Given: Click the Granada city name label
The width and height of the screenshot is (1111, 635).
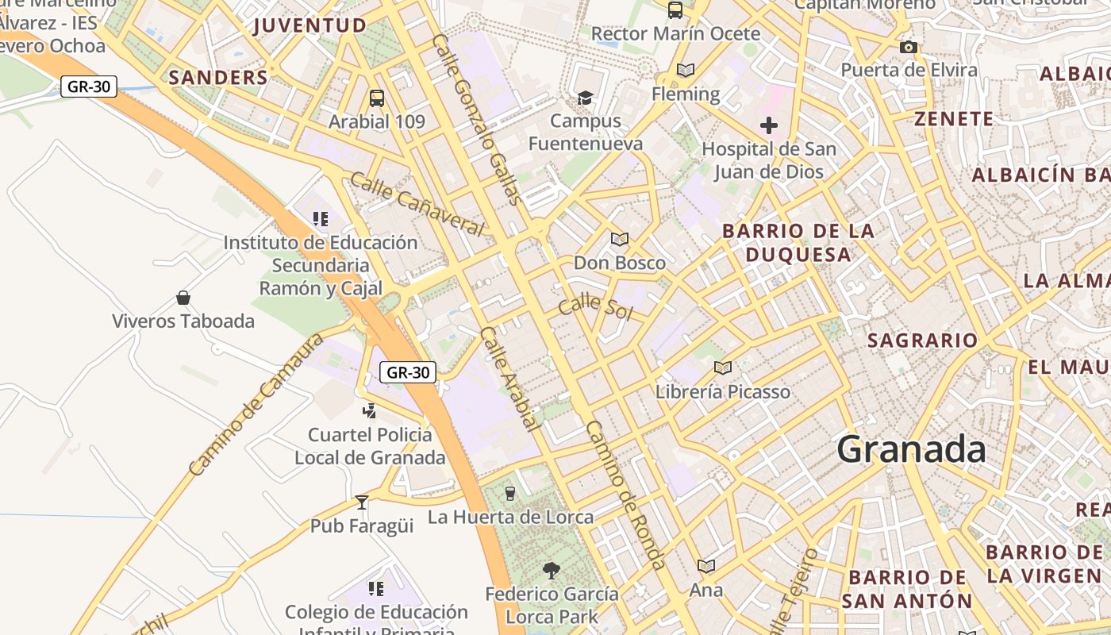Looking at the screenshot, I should pos(911,449).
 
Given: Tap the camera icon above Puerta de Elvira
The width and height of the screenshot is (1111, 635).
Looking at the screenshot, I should pos(909,48).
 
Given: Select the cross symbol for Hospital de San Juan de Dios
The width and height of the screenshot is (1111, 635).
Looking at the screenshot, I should pos(768,125).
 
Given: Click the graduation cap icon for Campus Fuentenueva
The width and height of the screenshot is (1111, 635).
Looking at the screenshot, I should pos(585,98).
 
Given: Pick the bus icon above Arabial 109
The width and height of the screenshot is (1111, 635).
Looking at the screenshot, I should pos(377,98).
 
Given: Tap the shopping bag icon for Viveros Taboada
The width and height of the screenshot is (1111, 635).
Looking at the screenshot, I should pos(183,298).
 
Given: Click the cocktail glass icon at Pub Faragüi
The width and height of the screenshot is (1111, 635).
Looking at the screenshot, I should pos(362,502).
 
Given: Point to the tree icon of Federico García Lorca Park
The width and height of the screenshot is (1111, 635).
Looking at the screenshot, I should pos(551,570).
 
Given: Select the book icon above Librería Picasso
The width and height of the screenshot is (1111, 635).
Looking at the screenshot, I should pos(722,368).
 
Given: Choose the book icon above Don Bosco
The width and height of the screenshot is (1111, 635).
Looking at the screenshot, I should pos(620,239).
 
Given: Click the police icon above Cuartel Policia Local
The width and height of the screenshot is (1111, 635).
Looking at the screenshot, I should pos(369,410).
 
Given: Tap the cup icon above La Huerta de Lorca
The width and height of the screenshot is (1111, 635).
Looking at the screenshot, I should pos(510,494).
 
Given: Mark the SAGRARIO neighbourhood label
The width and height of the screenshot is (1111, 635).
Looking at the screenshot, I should pos(922,341).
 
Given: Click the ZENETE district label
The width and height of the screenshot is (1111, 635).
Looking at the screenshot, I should pos(954,119).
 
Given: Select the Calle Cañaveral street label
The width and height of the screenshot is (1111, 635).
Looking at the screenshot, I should pos(417,204).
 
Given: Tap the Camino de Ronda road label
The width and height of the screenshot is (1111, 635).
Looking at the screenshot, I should pos(626,495).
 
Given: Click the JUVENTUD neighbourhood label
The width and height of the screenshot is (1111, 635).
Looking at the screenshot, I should pos(309,25).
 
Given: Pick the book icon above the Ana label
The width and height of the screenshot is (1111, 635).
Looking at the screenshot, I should pos(705,566).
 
